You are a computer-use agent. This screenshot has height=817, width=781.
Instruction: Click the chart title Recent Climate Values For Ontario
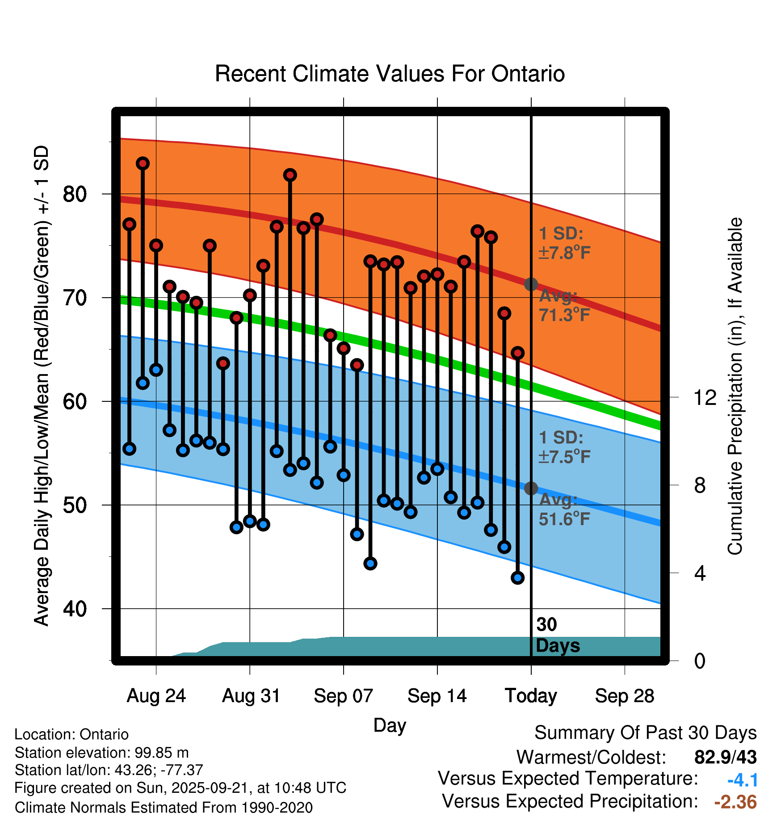[390, 74]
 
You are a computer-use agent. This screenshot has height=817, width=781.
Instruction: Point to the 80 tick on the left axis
[75, 194]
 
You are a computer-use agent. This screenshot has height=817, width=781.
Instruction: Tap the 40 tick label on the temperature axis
[75, 609]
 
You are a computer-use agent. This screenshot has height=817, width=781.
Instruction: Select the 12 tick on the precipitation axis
[705, 397]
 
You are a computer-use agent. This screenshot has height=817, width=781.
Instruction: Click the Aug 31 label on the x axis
[251, 696]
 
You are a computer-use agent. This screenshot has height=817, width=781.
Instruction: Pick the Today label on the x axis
[531, 696]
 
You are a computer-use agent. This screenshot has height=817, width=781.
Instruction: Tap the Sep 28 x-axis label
[625, 696]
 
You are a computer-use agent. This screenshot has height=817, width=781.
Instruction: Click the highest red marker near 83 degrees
[143, 163]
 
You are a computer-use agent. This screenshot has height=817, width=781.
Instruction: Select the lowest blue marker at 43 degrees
[518, 578]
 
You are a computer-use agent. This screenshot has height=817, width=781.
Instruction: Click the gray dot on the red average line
[531, 284]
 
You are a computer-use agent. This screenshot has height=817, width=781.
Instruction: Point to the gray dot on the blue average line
[531, 488]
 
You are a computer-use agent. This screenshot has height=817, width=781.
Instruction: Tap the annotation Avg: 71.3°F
[564, 306]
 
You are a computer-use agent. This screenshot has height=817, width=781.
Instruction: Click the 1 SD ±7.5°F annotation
[564, 447]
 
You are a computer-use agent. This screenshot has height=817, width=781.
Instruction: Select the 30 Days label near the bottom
[557, 635]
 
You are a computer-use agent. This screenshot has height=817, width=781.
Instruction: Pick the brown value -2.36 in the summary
[735, 802]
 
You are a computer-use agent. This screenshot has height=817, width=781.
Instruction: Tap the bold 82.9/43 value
[726, 757]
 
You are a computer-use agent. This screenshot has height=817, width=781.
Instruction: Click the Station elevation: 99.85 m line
[102, 753]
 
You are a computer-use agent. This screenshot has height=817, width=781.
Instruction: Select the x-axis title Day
[390, 725]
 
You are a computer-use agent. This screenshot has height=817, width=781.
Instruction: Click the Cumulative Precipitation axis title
[735, 386]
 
